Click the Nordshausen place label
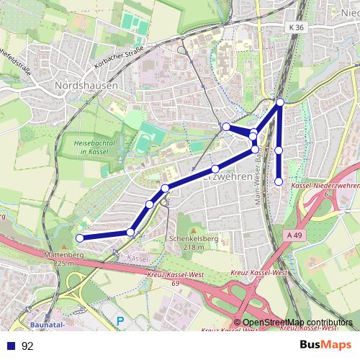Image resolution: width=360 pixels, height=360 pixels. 86,84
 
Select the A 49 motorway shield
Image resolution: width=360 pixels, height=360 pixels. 292,235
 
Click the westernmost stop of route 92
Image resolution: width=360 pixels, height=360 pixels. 80,238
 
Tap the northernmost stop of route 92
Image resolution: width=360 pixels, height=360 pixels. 280,102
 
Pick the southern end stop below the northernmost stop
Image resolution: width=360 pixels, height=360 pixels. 279,181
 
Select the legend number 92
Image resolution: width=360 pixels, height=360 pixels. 27,346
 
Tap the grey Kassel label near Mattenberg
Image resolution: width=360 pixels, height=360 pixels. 137,257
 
